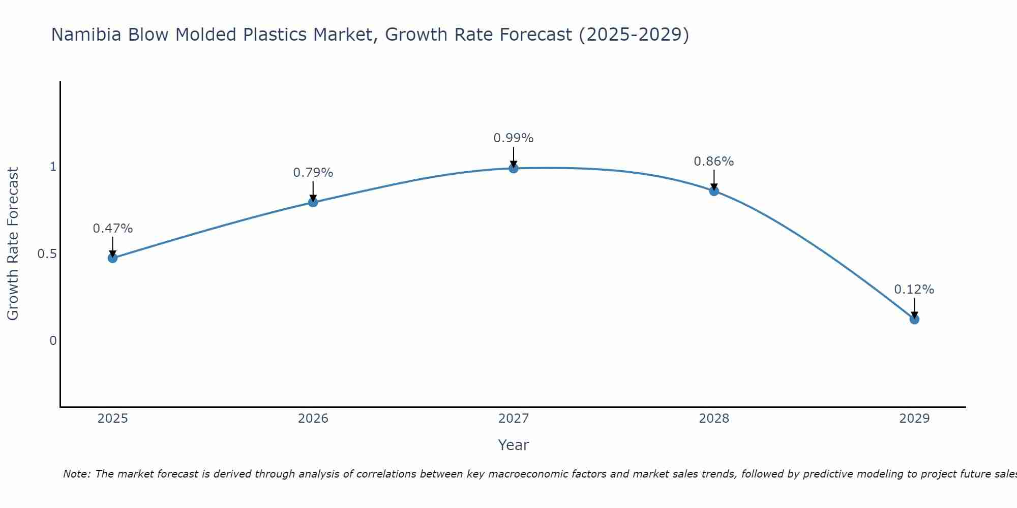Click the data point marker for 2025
coord(112,258)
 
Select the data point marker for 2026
coord(313,202)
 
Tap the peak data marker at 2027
coord(514,168)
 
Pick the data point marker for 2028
coord(714,191)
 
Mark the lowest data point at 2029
coord(914,320)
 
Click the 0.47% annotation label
coord(112,229)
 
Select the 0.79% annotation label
coord(313,173)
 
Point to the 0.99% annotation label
coord(514,138)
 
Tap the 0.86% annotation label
coord(714,162)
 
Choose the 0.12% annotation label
coord(914,290)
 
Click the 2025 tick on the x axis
coord(112,419)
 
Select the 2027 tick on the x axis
coord(514,419)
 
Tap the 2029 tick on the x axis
coord(914,419)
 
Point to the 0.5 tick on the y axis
coord(47,253)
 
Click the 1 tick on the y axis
coord(53,167)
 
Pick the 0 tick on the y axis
coord(53,340)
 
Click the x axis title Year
coord(514,445)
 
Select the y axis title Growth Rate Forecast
coord(13,244)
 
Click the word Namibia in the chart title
coord(86,35)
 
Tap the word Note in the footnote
coord(76,474)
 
